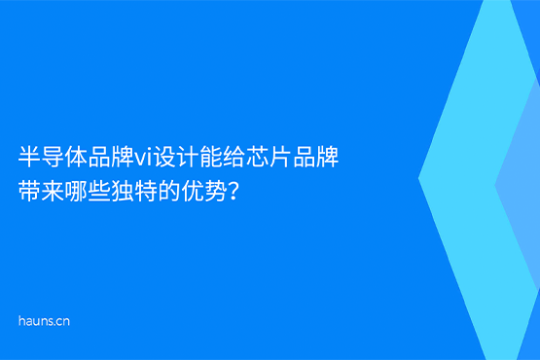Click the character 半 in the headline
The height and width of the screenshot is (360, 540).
29,156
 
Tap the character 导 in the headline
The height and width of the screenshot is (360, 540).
52,156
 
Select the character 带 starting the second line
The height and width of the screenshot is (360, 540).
29,190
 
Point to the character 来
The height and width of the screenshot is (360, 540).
52,190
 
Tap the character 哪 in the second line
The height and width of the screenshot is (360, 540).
74,190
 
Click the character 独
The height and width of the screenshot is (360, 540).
119,190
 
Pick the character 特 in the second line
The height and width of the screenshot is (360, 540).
141,190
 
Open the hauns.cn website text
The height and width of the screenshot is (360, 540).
44,320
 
